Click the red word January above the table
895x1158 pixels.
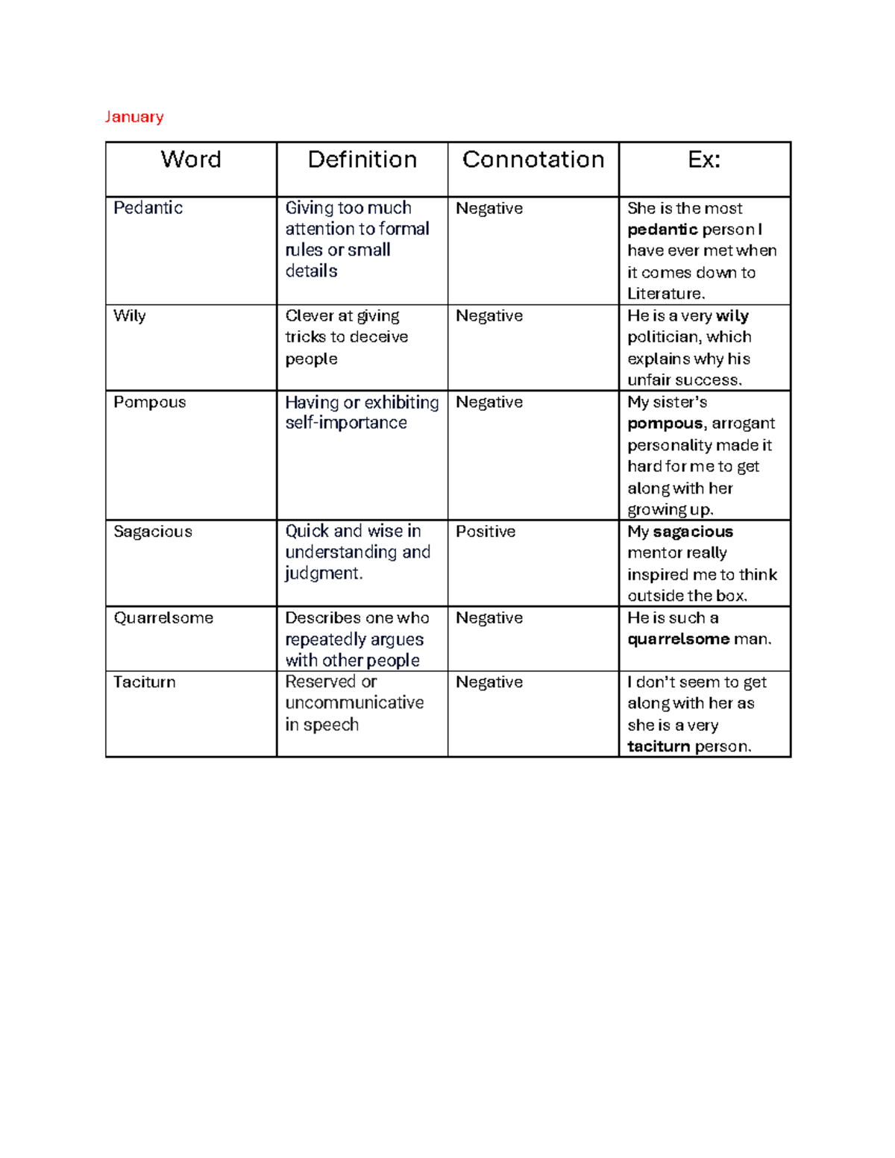point(134,116)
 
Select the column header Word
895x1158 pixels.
point(191,160)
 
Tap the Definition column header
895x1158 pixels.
point(362,160)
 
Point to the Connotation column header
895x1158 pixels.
point(533,160)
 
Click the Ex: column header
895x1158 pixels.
point(704,160)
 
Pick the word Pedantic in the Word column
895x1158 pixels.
point(148,208)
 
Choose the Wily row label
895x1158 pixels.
point(130,316)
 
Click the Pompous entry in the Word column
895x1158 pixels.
point(149,403)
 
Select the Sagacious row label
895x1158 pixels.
point(153,532)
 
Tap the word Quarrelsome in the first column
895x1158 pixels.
point(163,618)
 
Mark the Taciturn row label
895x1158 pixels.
point(145,682)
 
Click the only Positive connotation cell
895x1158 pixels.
point(486,532)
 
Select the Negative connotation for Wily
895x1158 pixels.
point(489,316)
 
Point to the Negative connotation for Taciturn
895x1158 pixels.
point(489,682)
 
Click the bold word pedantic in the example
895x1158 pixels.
point(662,230)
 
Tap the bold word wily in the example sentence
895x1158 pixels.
point(732,316)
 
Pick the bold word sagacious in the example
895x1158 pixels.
point(693,532)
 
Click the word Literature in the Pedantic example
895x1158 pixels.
point(664,294)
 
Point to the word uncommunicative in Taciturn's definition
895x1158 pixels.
point(354,703)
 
